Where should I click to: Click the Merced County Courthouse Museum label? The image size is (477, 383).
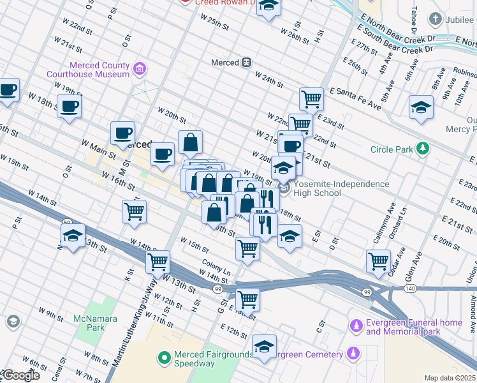(x=88, y=70)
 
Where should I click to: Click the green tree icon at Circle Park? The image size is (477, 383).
(x=422, y=149)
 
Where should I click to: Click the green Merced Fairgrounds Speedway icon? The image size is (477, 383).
(x=164, y=357)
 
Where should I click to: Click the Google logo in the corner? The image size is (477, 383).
(x=20, y=375)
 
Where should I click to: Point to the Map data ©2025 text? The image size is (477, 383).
(x=450, y=378)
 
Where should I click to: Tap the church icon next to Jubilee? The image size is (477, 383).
(x=436, y=19)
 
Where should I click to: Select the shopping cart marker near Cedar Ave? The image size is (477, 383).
(x=378, y=260)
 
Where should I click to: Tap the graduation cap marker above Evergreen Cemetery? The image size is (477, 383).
(x=264, y=346)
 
